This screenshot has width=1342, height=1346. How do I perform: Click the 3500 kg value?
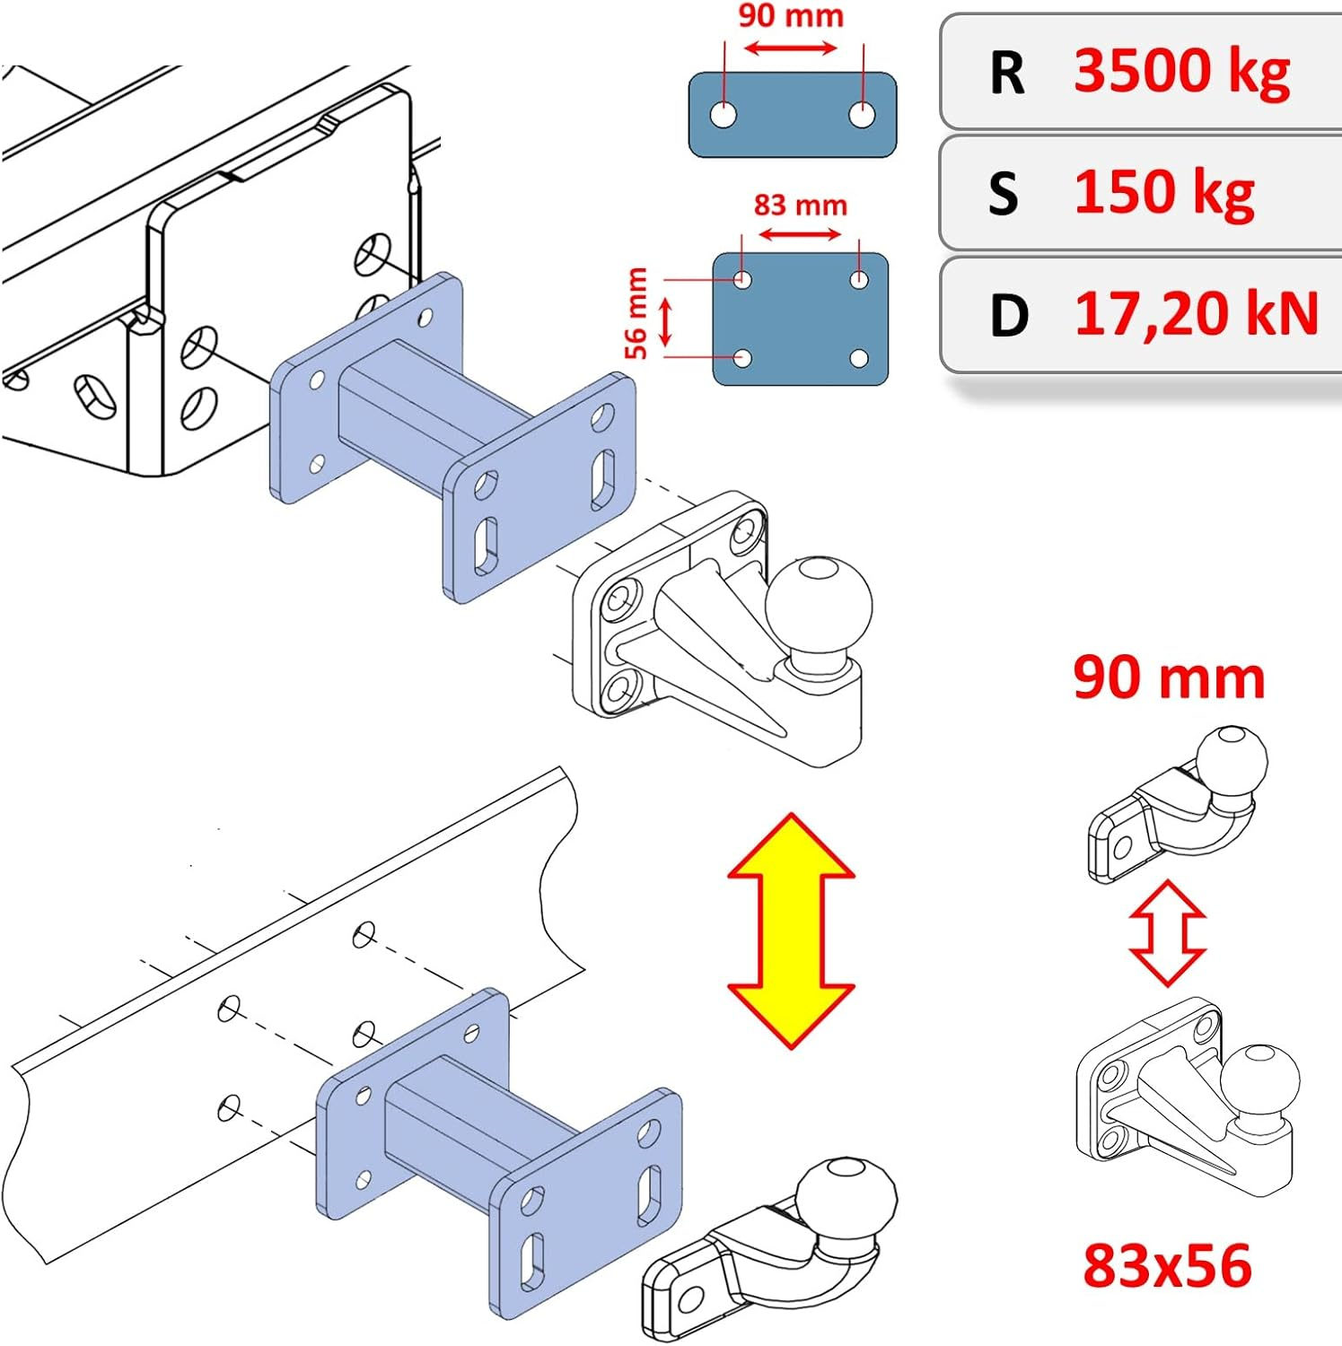point(1181,72)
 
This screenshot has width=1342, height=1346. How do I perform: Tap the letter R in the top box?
point(1007,73)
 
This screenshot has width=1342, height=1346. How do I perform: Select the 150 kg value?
point(1163,193)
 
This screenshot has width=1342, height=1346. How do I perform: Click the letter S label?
point(1004,194)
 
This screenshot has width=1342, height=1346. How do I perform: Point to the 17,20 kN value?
point(1196,314)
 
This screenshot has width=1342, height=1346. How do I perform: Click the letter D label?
point(1008,316)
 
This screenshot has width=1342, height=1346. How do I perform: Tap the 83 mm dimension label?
point(800,205)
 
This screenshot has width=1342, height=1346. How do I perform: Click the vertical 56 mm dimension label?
point(636,313)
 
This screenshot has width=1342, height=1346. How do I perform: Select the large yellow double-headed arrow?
point(791,931)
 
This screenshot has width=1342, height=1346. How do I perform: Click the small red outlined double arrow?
point(1167,933)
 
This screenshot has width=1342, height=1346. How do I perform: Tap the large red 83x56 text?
point(1167,1266)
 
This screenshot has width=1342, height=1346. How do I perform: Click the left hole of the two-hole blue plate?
point(723,115)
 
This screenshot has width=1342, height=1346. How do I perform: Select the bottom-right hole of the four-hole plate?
point(859,359)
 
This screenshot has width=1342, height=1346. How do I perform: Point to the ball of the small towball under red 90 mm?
point(1232,760)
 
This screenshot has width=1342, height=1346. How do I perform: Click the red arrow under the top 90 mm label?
point(791,48)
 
